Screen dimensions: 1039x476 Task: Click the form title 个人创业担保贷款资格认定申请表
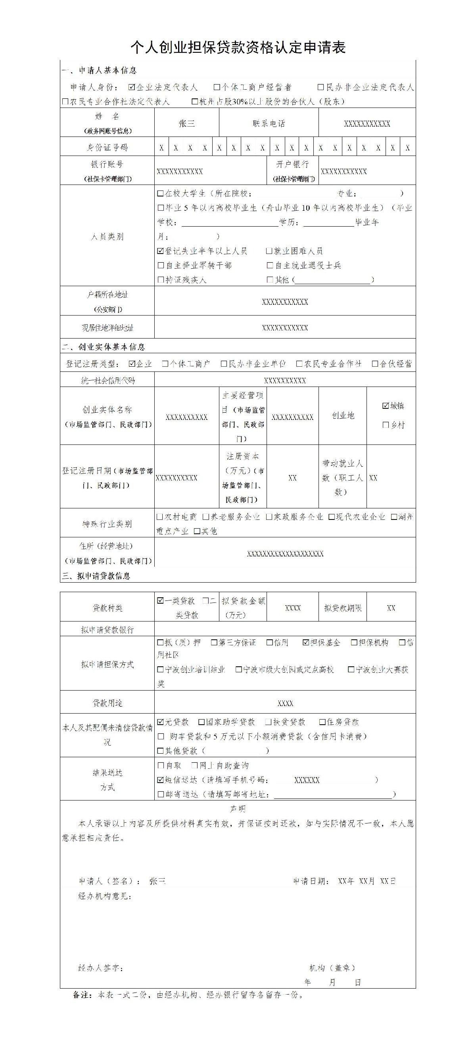[x=238, y=48]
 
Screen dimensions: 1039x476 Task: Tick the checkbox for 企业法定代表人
[x=132, y=87]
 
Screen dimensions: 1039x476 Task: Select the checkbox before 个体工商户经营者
[x=217, y=87]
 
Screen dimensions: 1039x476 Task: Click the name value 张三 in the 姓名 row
[x=186, y=123]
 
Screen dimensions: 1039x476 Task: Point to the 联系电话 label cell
[x=269, y=123]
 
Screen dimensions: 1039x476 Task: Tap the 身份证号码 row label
[x=107, y=148]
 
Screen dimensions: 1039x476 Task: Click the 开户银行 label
[x=293, y=165]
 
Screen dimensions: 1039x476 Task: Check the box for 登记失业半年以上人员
[x=160, y=251]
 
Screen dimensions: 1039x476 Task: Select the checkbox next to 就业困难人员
[x=269, y=251]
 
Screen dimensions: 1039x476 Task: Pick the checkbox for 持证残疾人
[x=160, y=279]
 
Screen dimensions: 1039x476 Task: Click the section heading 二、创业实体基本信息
[x=103, y=347]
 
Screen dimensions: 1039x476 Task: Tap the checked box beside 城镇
[x=386, y=406]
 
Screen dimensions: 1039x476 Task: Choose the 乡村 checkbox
[x=386, y=425]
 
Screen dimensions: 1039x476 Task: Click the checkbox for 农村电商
[x=159, y=517]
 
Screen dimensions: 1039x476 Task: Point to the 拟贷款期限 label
[x=343, y=608]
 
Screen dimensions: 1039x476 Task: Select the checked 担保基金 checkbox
[x=306, y=643]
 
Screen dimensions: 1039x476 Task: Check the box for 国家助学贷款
[x=202, y=722]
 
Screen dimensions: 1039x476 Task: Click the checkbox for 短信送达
[x=160, y=780]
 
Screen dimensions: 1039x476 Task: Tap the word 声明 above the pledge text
[x=238, y=809]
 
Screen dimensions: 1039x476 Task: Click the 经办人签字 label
[x=101, y=968]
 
